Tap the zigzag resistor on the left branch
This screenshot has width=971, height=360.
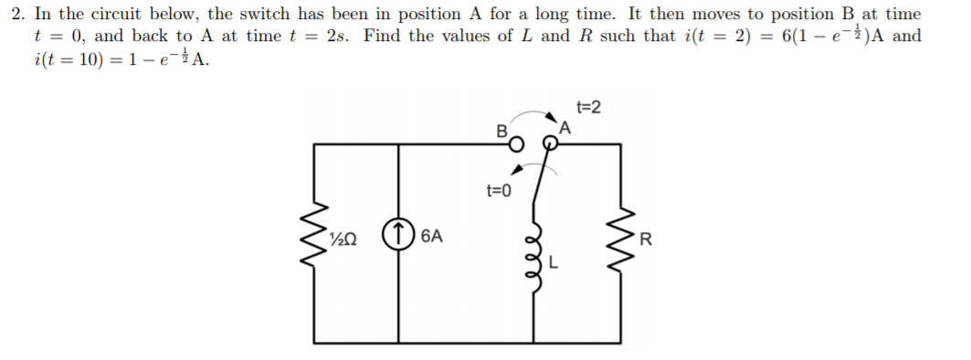(315, 243)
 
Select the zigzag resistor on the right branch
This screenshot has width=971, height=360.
(626, 243)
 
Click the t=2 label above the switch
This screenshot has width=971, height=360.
(589, 109)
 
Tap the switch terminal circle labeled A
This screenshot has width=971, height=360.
(551, 143)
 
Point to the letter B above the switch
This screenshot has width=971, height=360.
(500, 131)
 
